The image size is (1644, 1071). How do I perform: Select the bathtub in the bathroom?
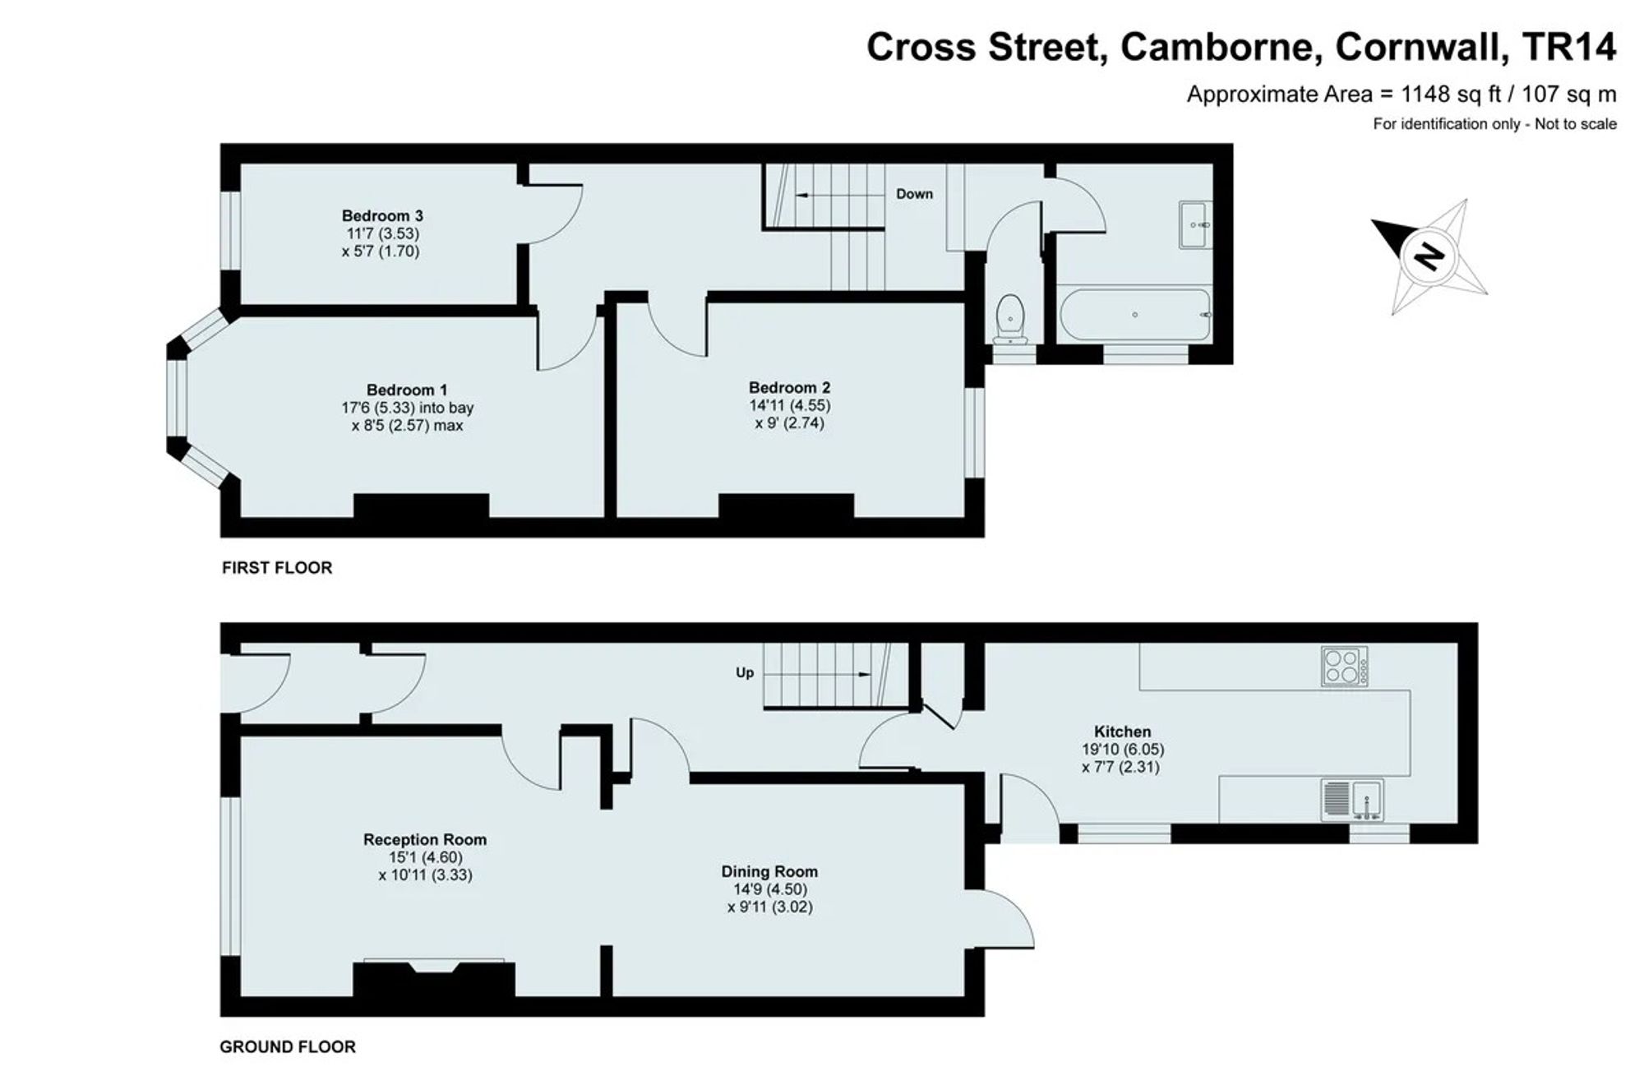click(x=1135, y=315)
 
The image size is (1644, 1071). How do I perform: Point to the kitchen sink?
click(x=1352, y=800)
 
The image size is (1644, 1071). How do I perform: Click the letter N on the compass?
click(x=1429, y=256)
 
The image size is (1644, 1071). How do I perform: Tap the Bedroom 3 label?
click(x=382, y=216)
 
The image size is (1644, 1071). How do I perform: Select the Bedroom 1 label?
click(x=407, y=390)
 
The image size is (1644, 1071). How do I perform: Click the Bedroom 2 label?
click(x=789, y=387)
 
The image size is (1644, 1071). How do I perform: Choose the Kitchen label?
click(x=1122, y=732)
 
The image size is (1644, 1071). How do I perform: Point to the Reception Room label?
click(x=425, y=839)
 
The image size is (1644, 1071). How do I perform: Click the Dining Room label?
click(x=769, y=871)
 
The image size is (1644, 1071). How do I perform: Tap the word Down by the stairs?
click(x=914, y=194)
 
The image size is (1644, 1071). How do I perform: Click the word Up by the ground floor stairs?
click(x=745, y=673)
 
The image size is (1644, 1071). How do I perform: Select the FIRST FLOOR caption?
click(x=277, y=568)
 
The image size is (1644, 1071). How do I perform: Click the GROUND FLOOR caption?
click(x=288, y=1047)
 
